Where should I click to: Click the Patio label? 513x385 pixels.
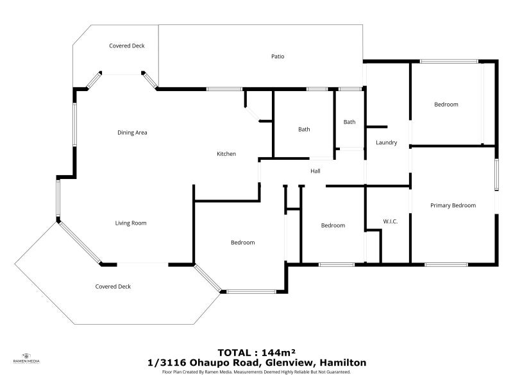point(278,56)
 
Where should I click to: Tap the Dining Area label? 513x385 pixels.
point(133,133)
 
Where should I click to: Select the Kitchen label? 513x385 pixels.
point(226,154)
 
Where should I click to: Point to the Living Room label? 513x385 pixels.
point(131,223)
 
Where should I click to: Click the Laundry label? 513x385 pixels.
point(387,143)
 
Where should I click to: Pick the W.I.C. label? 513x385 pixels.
point(391,222)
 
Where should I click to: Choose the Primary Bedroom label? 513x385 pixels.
point(453,205)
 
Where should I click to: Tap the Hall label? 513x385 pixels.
point(315,171)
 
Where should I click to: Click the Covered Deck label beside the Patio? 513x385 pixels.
point(127,46)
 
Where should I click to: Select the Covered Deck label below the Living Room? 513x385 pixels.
point(113,287)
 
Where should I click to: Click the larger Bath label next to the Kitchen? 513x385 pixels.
point(304,130)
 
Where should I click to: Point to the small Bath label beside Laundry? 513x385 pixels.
point(349,122)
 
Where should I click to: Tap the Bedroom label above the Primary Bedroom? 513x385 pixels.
point(446,105)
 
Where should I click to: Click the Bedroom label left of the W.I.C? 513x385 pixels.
point(333,225)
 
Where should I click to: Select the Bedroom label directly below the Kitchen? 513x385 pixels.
point(243,243)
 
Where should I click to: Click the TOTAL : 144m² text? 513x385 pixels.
point(256,352)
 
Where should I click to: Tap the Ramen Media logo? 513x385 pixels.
point(26,358)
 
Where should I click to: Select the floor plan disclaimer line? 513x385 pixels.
point(256,372)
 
